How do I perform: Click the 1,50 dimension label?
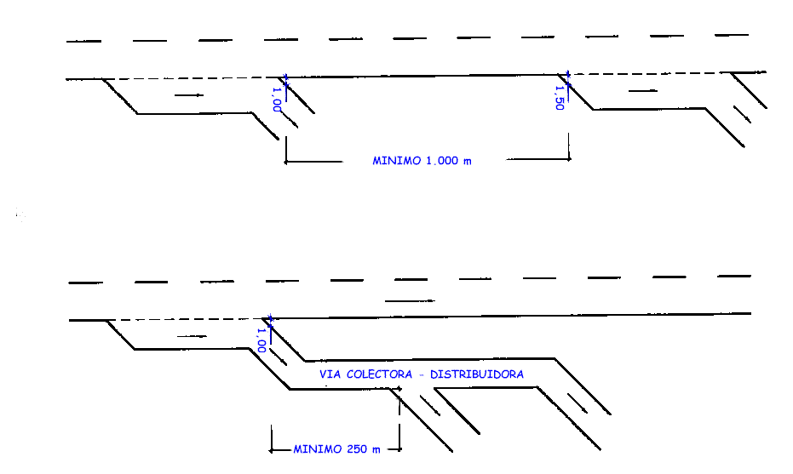pos(560,98)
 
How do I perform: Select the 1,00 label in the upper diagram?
pos(276,100)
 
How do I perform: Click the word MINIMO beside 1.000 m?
pos(397,160)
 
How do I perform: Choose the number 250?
pos(358,448)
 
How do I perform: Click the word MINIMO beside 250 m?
pos(319,448)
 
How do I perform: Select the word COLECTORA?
pos(382,374)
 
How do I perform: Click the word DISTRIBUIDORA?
pos(477,374)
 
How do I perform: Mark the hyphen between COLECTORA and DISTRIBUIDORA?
pos(423,374)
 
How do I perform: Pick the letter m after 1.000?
pos(467,161)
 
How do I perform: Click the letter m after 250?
pos(376,449)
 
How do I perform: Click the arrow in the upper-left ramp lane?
pos(189,95)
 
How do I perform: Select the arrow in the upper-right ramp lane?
pos(642,89)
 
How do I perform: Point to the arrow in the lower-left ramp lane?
pos(192,336)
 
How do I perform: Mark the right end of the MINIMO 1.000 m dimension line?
pos(569,158)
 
